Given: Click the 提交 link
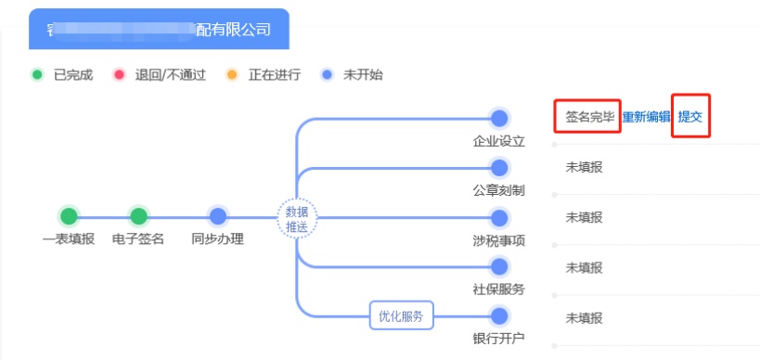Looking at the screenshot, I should click(689, 117).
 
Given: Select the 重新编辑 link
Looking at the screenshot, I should click(646, 117).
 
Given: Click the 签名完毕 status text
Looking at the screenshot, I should click(589, 117).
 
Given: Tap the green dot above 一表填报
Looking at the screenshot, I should click(69, 216).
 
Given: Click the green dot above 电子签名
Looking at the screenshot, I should click(138, 216).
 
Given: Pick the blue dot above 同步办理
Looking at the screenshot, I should click(218, 216).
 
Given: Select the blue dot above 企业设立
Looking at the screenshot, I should click(499, 118).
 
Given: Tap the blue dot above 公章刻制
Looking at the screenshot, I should click(499, 168).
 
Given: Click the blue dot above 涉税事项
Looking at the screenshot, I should click(499, 218).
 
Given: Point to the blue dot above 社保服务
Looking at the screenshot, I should click(499, 266).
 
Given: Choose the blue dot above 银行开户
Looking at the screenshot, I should click(499, 315).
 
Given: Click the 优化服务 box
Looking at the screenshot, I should click(401, 315).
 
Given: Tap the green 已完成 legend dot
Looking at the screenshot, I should click(37, 74).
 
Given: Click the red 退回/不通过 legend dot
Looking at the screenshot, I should click(119, 74).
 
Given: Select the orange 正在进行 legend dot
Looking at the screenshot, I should click(232, 74).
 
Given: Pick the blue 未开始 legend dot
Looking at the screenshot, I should click(327, 74).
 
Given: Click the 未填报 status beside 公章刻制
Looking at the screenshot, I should click(584, 167).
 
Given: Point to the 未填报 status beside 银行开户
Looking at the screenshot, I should click(584, 317).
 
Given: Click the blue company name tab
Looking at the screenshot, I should click(159, 30).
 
